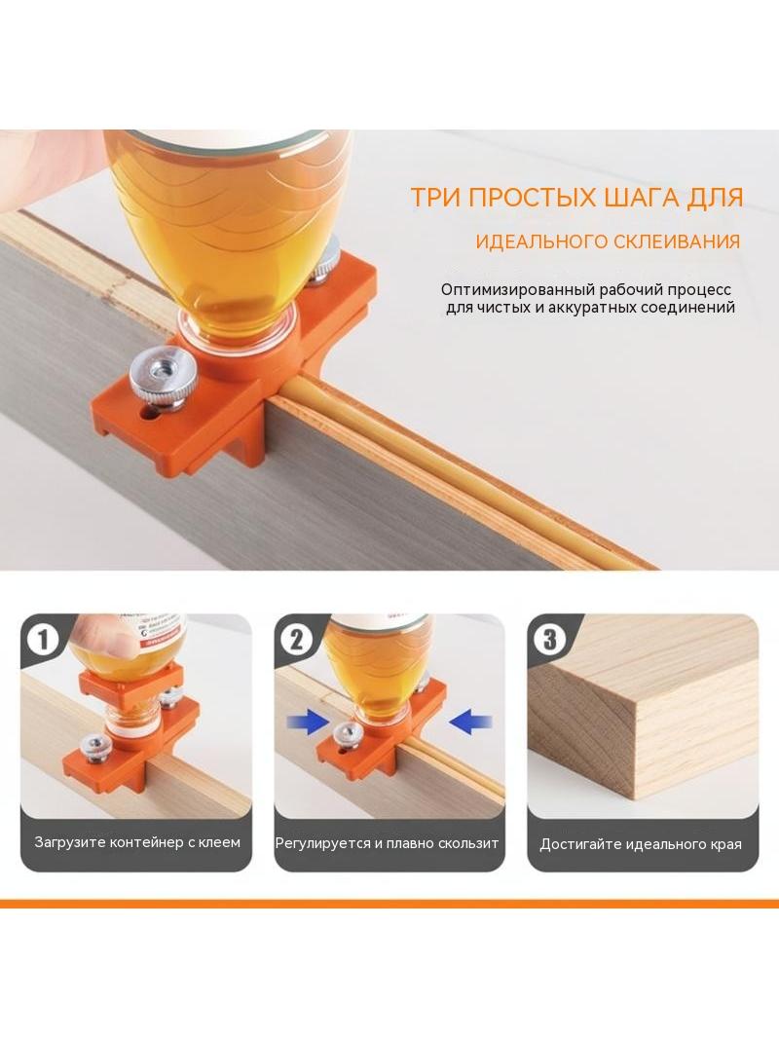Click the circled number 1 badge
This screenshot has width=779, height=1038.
43,640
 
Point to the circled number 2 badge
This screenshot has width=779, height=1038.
297,640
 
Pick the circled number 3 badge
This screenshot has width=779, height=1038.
550,640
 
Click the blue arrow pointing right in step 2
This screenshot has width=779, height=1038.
308,722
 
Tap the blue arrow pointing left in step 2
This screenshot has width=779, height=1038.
470,722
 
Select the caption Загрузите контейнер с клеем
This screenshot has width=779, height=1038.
137,842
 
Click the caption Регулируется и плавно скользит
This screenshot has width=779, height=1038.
388,843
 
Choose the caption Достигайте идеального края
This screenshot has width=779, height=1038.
641,844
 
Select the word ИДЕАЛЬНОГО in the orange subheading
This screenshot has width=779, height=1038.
538,241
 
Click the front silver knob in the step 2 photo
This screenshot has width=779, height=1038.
347,732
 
